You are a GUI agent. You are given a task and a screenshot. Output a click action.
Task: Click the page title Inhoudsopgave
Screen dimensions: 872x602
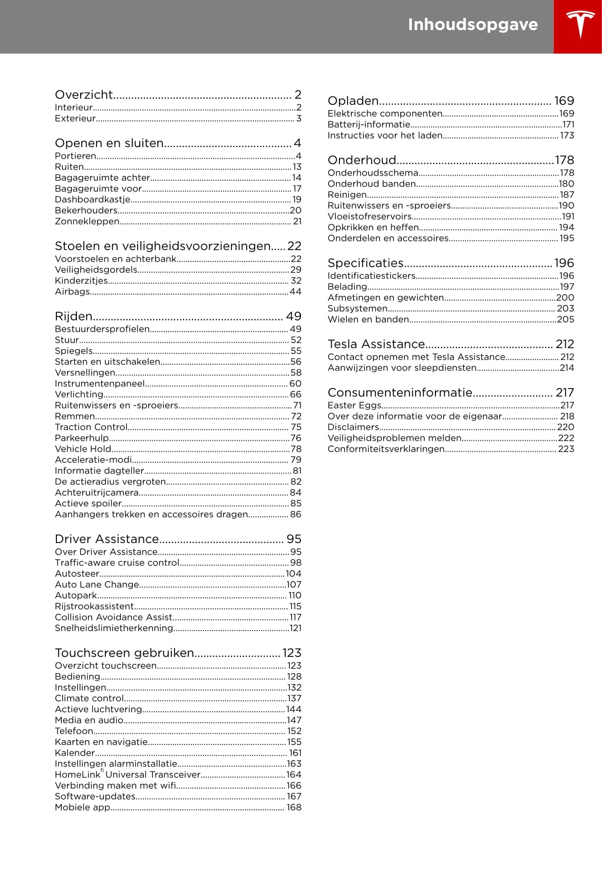(x=472, y=25)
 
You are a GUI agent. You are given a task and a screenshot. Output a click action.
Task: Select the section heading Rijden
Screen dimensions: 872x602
(x=74, y=316)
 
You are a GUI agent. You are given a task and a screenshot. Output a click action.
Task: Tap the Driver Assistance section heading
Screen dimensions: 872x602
(x=107, y=539)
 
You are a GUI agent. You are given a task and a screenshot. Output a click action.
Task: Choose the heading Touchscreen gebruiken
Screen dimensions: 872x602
(x=124, y=653)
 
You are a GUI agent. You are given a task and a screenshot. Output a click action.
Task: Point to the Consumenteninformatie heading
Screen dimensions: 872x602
(x=400, y=393)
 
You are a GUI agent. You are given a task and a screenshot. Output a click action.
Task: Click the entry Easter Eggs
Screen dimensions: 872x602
(x=354, y=405)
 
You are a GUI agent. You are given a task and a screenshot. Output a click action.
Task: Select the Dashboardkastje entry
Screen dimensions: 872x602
(x=93, y=200)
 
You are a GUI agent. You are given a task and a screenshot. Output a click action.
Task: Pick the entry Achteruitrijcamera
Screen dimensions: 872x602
(x=96, y=493)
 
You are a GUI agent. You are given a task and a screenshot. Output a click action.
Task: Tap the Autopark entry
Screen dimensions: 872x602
(x=76, y=596)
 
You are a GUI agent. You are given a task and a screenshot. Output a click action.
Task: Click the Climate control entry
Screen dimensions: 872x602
(x=89, y=699)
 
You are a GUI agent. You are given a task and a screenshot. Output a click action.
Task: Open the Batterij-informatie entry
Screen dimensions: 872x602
(x=368, y=125)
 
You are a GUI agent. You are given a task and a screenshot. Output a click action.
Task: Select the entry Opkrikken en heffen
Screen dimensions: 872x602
(x=373, y=228)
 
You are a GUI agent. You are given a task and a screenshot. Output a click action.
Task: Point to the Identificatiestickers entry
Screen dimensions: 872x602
(x=372, y=276)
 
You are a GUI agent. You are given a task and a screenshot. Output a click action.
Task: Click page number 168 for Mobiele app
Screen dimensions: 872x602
(x=294, y=808)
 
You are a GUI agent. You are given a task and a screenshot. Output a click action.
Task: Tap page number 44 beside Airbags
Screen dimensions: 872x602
(x=295, y=292)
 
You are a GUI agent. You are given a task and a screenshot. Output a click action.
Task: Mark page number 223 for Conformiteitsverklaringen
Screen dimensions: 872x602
(x=566, y=449)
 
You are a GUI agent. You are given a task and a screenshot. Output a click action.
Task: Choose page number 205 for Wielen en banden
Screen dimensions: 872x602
(x=566, y=319)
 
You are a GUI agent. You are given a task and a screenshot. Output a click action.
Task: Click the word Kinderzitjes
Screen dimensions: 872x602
(x=81, y=281)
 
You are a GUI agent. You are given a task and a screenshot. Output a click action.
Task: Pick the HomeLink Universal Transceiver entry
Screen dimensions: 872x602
(x=128, y=775)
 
